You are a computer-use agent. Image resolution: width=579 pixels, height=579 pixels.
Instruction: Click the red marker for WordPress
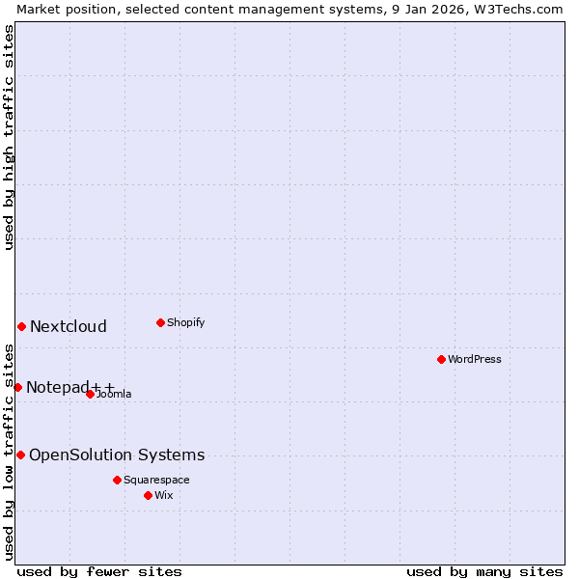tap(441, 359)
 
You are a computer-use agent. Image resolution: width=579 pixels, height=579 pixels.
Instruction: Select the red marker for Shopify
tap(160, 322)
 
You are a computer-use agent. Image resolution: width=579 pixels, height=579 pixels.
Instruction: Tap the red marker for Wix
tap(148, 495)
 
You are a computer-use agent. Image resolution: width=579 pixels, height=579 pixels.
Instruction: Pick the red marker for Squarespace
tap(117, 480)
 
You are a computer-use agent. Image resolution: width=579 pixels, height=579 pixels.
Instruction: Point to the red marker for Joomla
tap(90, 394)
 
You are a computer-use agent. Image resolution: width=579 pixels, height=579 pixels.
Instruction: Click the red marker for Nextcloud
tap(21, 326)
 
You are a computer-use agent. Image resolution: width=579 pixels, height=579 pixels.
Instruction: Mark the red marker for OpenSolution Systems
tap(20, 455)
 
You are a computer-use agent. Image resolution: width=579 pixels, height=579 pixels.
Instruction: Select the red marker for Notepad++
tap(17, 387)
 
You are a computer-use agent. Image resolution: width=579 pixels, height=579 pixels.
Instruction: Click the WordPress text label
tap(475, 360)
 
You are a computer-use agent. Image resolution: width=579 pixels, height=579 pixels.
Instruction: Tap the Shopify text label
tap(186, 323)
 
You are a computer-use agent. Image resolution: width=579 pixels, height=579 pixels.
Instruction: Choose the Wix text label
tap(164, 496)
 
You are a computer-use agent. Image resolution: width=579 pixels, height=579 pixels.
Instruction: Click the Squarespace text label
tap(156, 481)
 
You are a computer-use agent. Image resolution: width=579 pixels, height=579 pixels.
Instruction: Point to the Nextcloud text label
tap(69, 327)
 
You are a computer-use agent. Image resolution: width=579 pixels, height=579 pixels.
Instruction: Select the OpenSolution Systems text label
tap(117, 455)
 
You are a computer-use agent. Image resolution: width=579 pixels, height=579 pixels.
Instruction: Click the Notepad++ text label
tap(70, 388)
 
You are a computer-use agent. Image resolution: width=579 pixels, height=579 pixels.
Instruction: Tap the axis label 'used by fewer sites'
tap(99, 571)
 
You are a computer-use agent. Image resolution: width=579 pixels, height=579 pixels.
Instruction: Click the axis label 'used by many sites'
tap(484, 571)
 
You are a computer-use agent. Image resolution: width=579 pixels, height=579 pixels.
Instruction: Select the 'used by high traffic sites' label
tap(9, 137)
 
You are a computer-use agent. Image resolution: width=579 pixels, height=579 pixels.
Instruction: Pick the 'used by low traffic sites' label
tap(9, 452)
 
